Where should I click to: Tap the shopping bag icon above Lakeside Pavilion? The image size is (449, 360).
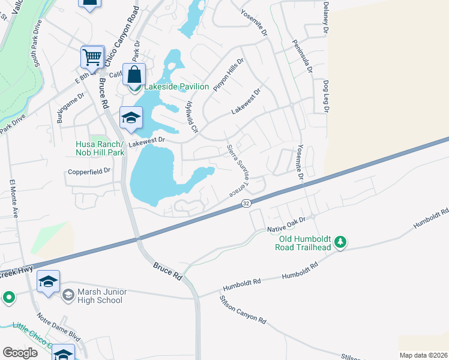click(x=134, y=74)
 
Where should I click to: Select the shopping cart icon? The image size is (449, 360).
click(x=92, y=58)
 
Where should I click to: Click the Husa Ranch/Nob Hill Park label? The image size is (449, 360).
click(x=100, y=149)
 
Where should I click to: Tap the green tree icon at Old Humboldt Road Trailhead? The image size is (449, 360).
click(x=341, y=242)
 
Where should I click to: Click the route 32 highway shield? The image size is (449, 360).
click(x=246, y=204)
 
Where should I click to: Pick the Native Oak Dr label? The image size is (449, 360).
click(x=286, y=225)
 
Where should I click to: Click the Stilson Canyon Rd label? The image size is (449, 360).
click(x=243, y=310)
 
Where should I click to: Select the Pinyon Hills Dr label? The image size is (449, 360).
click(x=229, y=74)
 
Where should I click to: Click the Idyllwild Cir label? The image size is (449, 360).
click(x=190, y=117)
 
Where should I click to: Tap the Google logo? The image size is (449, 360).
click(x=20, y=353)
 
